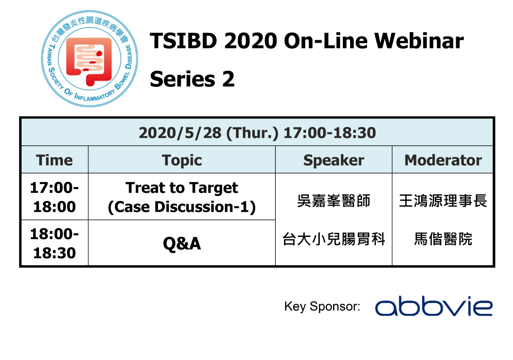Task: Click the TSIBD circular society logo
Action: click(x=89, y=58)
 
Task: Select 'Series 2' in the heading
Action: click(x=192, y=79)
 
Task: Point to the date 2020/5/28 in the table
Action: click(x=180, y=133)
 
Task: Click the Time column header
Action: click(x=54, y=160)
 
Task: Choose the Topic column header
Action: click(x=182, y=160)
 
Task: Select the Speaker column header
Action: click(x=333, y=160)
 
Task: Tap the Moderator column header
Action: click(x=443, y=160)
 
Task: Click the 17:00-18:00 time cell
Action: click(x=54, y=197)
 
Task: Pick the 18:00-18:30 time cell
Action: click(x=54, y=243)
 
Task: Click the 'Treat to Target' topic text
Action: click(x=182, y=188)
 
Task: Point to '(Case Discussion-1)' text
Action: click(x=182, y=207)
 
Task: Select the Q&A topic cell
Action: click(x=182, y=244)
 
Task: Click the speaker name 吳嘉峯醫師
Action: click(x=333, y=201)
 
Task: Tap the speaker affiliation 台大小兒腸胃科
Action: click(x=333, y=239)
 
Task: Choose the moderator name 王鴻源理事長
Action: click(x=443, y=201)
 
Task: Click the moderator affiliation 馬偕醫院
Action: click(x=443, y=239)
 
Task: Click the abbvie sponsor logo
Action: click(x=433, y=306)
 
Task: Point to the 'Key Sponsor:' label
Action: click(x=322, y=307)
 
